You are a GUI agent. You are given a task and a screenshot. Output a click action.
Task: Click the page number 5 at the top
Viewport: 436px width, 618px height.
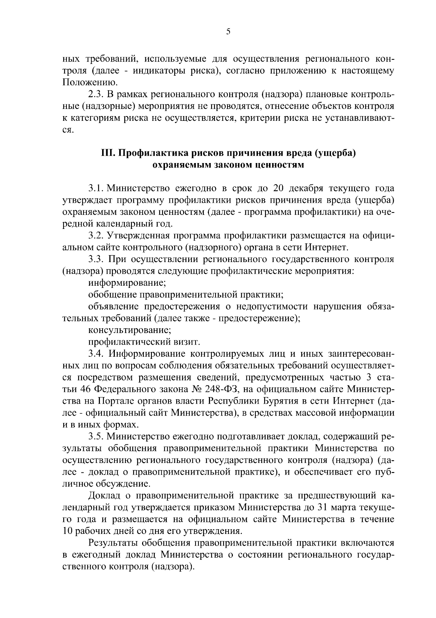[x=228, y=32]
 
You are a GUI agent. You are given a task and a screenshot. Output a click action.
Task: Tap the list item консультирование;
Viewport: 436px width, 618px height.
[x=130, y=330]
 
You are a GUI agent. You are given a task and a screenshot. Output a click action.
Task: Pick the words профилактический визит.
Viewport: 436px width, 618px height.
[x=144, y=342]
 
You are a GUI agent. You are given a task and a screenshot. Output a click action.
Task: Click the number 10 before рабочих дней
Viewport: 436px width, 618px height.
[x=68, y=531]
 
